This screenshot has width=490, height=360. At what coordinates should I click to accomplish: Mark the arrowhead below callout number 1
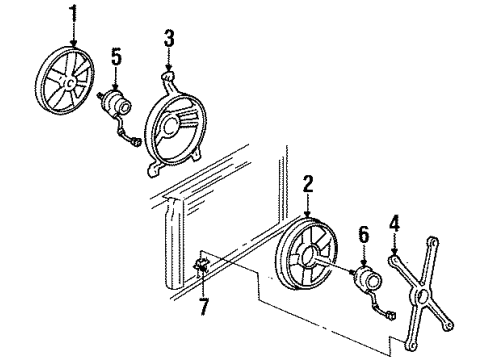[x=71, y=41]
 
